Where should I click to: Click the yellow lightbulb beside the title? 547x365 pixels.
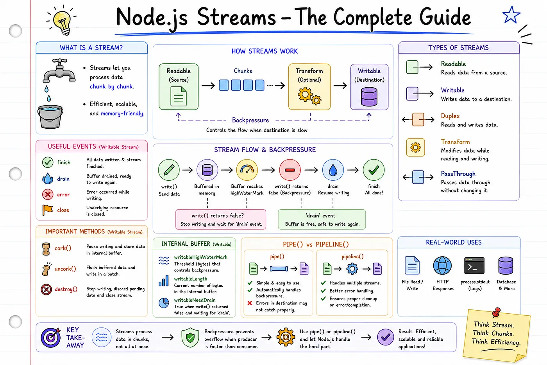(x=62, y=22)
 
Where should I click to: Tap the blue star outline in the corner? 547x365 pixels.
(x=511, y=15)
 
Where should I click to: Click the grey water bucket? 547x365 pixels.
(x=50, y=117)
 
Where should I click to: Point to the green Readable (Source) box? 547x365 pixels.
(x=179, y=86)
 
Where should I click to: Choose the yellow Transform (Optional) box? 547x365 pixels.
(x=309, y=86)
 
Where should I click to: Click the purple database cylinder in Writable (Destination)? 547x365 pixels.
(x=369, y=97)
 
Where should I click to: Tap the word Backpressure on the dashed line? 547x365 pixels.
(x=250, y=120)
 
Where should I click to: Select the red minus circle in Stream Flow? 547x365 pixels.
(x=290, y=170)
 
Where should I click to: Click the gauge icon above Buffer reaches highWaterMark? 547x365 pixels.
(x=247, y=170)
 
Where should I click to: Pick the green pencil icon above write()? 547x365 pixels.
(x=169, y=170)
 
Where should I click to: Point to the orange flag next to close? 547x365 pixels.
(x=47, y=210)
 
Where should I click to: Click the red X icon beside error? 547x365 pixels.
(x=48, y=194)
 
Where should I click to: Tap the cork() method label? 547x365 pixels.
(x=63, y=248)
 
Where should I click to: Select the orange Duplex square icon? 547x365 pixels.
(x=418, y=119)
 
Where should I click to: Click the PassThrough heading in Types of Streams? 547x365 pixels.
(x=458, y=174)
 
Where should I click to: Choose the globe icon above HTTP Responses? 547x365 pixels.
(x=442, y=266)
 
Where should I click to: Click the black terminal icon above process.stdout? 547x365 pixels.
(x=474, y=266)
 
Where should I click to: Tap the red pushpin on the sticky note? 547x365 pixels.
(x=496, y=312)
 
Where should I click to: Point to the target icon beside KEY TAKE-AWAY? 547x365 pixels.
(x=51, y=338)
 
